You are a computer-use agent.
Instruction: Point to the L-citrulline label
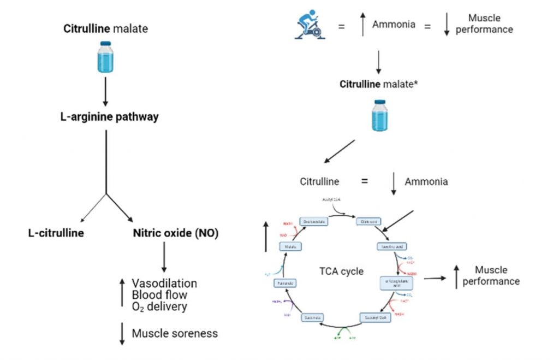(x=56, y=234)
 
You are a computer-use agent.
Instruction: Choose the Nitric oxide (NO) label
(x=175, y=234)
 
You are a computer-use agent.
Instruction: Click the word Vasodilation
(x=164, y=284)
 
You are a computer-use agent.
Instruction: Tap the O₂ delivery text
(x=159, y=306)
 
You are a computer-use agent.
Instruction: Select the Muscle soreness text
(x=175, y=333)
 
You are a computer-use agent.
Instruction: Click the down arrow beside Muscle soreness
(x=122, y=333)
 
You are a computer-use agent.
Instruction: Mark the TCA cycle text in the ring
(x=341, y=271)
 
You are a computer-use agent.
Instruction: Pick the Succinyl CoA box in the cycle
(x=374, y=317)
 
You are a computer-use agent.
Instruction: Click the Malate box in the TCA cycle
(x=290, y=247)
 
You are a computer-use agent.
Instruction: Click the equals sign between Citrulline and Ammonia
(x=364, y=181)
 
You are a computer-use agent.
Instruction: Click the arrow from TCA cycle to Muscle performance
(x=435, y=278)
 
